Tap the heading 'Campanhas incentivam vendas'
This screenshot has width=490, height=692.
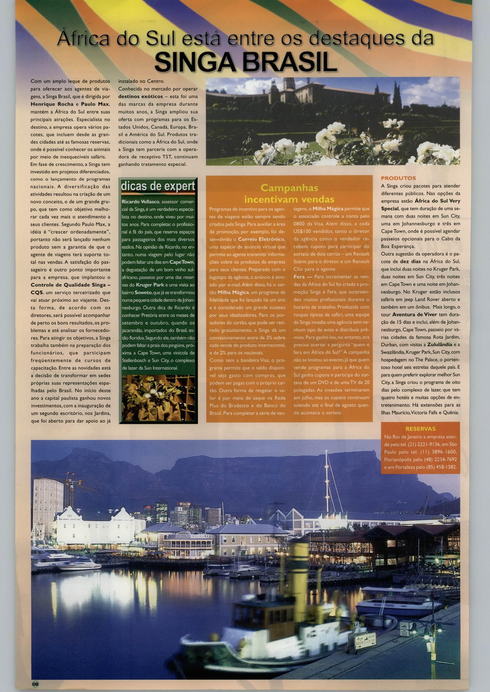pyautogui.click(x=289, y=193)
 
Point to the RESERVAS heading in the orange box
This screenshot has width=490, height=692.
pyautogui.click(x=420, y=429)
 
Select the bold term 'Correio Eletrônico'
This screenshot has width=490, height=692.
pyautogui.click(x=261, y=239)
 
